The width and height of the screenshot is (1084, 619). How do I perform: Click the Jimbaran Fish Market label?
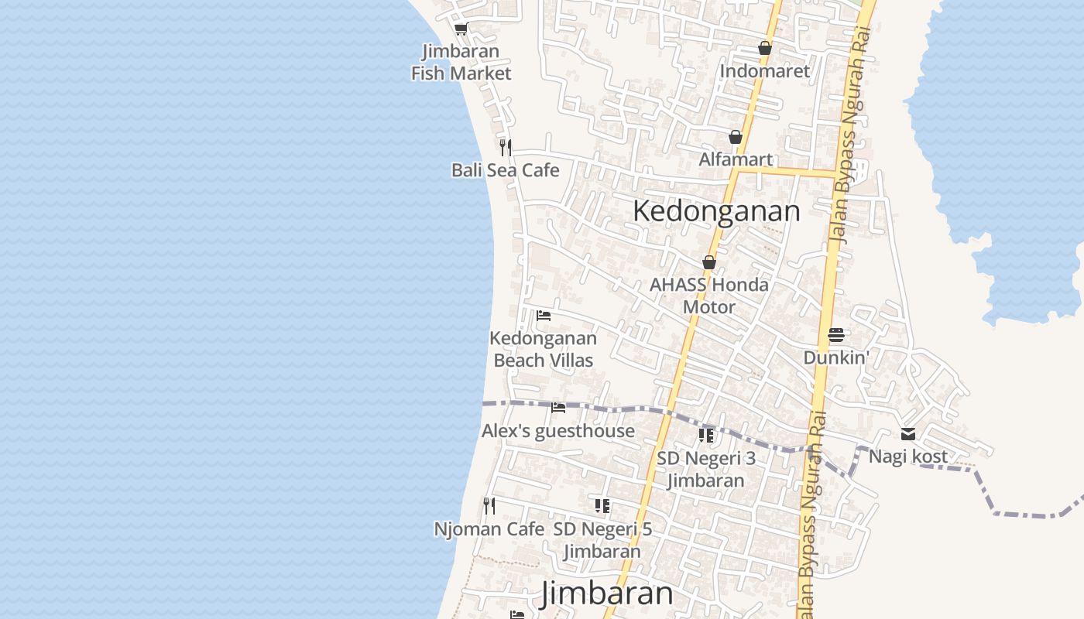pyautogui.click(x=461, y=63)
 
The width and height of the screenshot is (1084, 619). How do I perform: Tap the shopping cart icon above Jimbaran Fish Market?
pyautogui.click(x=461, y=29)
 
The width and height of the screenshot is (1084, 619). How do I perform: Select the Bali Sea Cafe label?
pyautogui.click(x=505, y=170)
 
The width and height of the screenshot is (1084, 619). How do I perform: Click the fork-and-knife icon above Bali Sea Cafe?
pyautogui.click(x=505, y=147)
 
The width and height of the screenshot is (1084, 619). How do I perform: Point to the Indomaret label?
pyautogui.click(x=764, y=71)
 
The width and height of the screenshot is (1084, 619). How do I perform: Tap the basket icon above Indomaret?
pyautogui.click(x=765, y=48)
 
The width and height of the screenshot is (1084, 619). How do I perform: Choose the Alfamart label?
pyautogui.click(x=736, y=159)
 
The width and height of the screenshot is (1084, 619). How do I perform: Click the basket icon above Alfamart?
pyautogui.click(x=736, y=137)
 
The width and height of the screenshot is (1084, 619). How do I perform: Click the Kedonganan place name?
pyautogui.click(x=716, y=210)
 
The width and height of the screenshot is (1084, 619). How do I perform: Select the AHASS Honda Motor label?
pyautogui.click(x=709, y=296)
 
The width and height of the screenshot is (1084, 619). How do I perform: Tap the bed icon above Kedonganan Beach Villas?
pyautogui.click(x=544, y=316)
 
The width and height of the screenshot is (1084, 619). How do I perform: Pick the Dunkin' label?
pyautogui.click(x=836, y=357)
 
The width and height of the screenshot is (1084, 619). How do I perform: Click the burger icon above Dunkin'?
pyautogui.click(x=836, y=335)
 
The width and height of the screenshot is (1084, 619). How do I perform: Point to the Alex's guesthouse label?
pyautogui.click(x=558, y=431)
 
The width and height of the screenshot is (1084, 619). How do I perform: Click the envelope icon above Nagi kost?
pyautogui.click(x=907, y=434)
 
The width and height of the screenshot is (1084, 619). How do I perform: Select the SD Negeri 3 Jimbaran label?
pyautogui.click(x=706, y=469)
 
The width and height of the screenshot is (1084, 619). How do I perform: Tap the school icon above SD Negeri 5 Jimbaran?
pyautogui.click(x=602, y=506)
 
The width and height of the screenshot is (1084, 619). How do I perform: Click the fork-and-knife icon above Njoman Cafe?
pyautogui.click(x=489, y=506)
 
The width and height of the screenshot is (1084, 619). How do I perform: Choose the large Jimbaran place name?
pyautogui.click(x=607, y=593)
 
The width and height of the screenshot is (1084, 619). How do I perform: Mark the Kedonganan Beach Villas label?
pyautogui.click(x=544, y=349)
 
